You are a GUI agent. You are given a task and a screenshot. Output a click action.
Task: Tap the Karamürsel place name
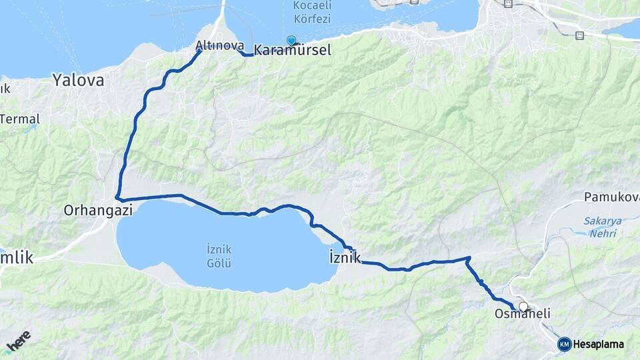[x=293, y=51]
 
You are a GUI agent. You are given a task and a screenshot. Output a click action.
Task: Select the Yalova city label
[x=79, y=81]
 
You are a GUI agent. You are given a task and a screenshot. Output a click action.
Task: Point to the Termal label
[x=20, y=119]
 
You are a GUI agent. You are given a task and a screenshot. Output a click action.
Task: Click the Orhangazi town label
[x=98, y=210]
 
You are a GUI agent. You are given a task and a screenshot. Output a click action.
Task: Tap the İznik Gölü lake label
[x=219, y=256]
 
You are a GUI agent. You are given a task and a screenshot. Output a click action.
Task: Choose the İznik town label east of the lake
[x=345, y=257]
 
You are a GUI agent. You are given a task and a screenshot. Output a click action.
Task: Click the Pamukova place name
[x=611, y=197]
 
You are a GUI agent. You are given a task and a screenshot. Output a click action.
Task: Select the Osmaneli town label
[x=522, y=313]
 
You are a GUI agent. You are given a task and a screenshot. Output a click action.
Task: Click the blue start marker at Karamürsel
[x=291, y=40]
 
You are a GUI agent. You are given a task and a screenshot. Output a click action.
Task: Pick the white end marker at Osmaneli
[x=523, y=307]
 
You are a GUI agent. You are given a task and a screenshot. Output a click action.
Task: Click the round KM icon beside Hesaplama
[x=564, y=344]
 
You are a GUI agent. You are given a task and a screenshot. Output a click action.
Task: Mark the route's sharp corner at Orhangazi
[x=117, y=198]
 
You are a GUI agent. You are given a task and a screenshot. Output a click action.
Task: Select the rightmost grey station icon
[x=579, y=35]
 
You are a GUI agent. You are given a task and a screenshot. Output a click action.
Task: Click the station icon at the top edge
[x=508, y=3]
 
